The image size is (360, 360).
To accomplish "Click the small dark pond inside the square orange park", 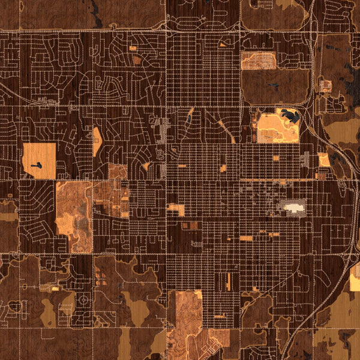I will (x=37, y=164).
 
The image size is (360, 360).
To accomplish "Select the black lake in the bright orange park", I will (x=290, y=116).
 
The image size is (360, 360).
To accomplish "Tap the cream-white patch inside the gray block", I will (x=293, y=208).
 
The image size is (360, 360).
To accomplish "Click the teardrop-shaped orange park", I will (x=97, y=140).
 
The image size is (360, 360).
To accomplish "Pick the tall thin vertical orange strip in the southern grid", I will (x=229, y=281).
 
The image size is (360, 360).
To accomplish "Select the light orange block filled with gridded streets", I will (x=258, y=60).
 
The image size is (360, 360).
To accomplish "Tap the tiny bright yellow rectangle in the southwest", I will (x=55, y=289).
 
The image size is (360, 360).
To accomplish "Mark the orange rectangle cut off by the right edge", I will (x=355, y=278).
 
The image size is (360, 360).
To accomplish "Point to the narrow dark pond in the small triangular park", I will (x=188, y=117).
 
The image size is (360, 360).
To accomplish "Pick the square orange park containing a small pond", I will (x=40, y=160).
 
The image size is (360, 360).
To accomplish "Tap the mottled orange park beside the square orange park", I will (x=74, y=216).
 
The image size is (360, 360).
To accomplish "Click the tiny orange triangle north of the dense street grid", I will (x=223, y=44).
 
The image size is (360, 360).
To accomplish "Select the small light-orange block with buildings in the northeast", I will (x=325, y=86).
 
